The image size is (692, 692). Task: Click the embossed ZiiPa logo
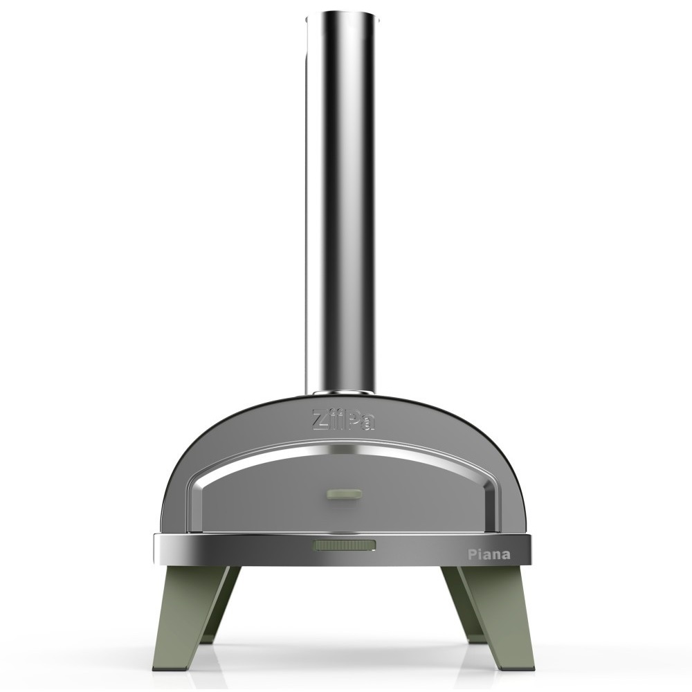344,419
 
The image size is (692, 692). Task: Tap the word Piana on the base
489,554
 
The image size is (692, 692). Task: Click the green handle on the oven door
344,493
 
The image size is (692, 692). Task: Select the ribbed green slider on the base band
344,545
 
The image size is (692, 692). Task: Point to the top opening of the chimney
342,19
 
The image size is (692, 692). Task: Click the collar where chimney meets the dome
344,392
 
